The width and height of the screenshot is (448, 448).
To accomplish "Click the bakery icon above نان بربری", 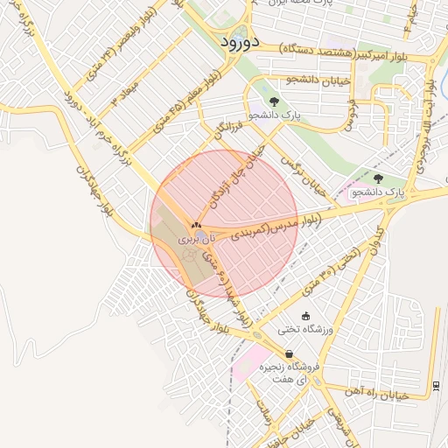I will (196, 225).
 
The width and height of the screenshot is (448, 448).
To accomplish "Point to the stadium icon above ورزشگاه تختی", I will (304, 316).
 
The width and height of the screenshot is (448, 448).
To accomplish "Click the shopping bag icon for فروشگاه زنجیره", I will (290, 353).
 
